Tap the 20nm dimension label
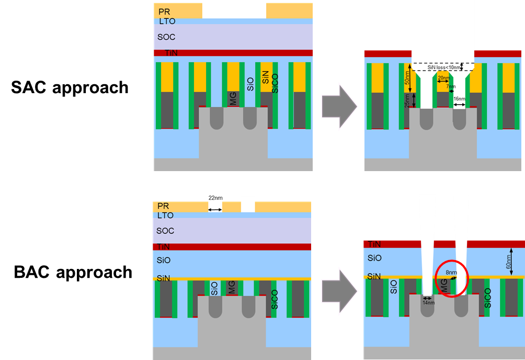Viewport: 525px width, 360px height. (x=443, y=78)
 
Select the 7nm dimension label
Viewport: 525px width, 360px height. (x=451, y=86)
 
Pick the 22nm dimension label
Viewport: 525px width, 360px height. (x=215, y=198)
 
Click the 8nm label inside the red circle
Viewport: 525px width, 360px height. (x=450, y=273)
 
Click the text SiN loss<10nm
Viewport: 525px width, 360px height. (x=444, y=67)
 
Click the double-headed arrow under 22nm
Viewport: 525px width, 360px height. (x=215, y=209)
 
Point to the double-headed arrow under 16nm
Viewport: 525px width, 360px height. (x=460, y=105)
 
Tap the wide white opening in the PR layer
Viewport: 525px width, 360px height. (x=234, y=10)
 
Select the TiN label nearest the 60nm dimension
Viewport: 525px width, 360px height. (x=374, y=244)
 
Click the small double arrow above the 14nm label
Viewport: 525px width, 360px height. (x=429, y=297)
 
